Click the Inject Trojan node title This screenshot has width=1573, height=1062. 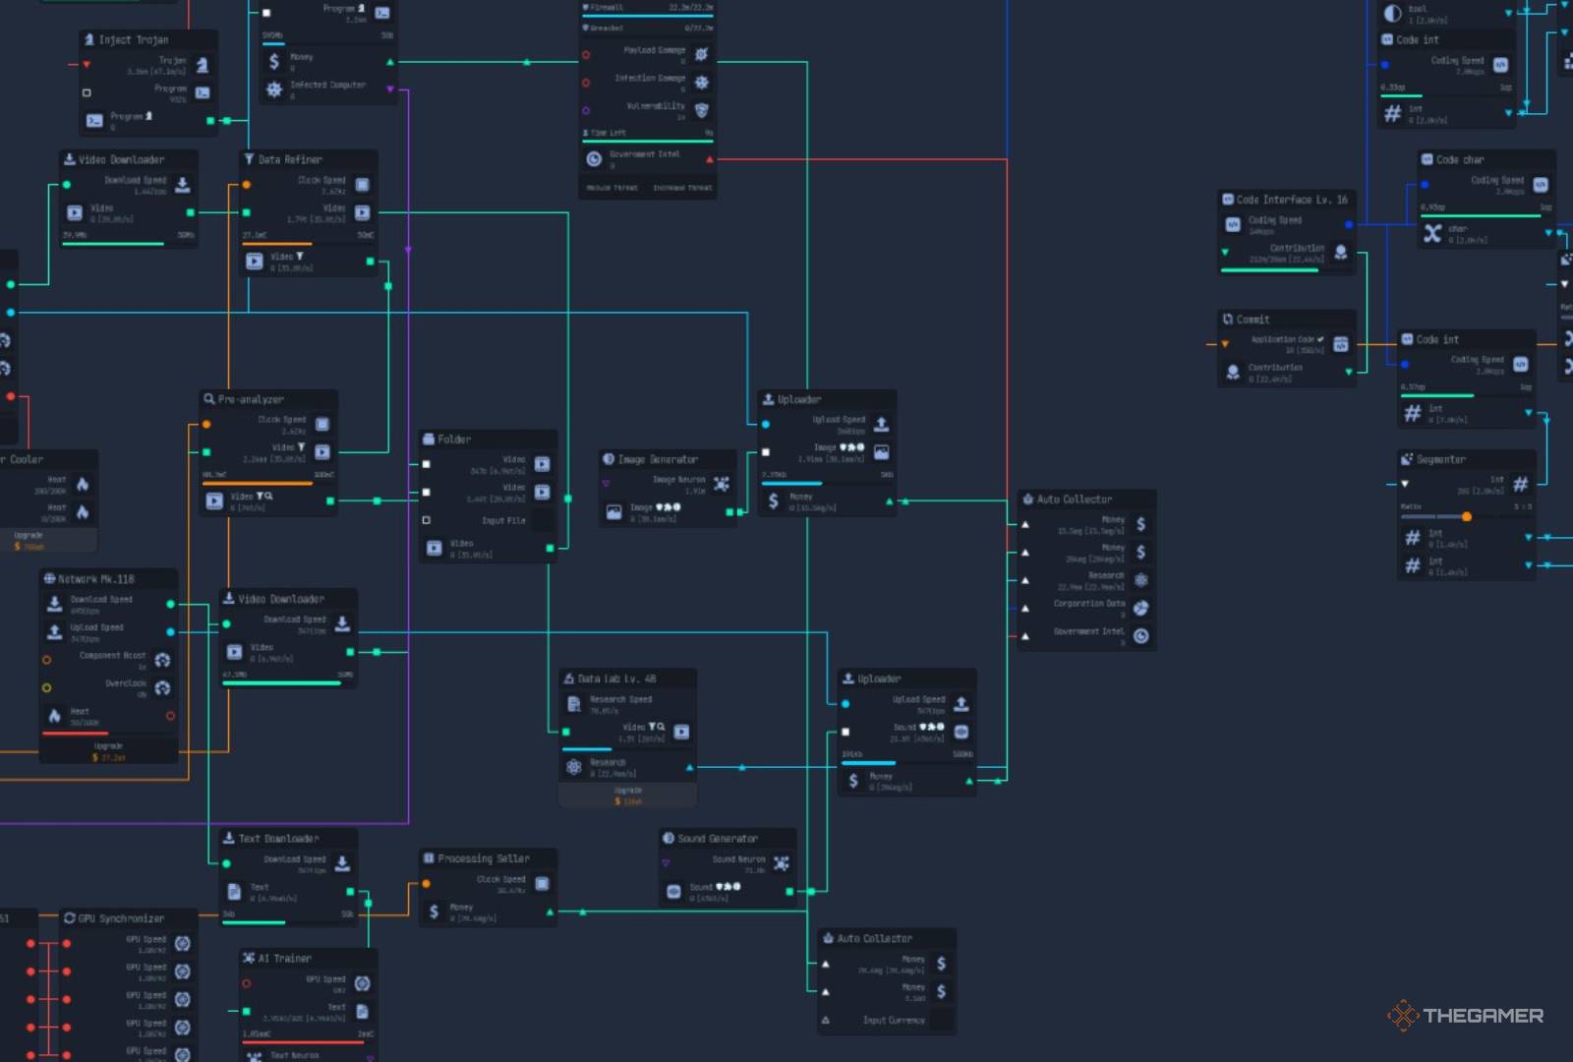tap(134, 40)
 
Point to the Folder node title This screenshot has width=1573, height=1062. tap(454, 440)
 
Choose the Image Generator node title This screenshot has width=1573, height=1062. tap(658, 459)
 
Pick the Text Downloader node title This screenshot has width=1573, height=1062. tap(278, 839)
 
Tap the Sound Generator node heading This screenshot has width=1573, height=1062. tap(718, 839)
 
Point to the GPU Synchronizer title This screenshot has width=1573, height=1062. tap(121, 918)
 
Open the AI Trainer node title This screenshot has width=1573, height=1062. tap(284, 958)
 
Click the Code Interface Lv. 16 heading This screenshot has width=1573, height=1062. tap(1292, 200)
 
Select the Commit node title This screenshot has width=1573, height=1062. tap(1253, 320)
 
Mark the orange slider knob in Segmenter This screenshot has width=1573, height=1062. tap(1467, 516)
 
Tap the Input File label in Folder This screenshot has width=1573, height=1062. tap(503, 520)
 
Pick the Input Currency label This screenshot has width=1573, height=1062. tap(894, 1020)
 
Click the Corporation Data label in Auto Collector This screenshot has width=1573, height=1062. tap(1088, 604)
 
